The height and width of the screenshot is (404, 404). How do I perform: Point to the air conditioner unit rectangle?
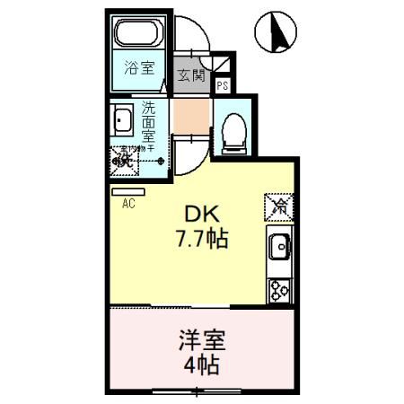122,190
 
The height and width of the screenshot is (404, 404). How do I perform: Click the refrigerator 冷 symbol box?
279,206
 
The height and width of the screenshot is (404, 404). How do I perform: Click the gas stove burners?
278,289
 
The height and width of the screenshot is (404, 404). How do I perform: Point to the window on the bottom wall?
198,391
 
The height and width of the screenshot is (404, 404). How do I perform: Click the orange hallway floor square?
190,116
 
